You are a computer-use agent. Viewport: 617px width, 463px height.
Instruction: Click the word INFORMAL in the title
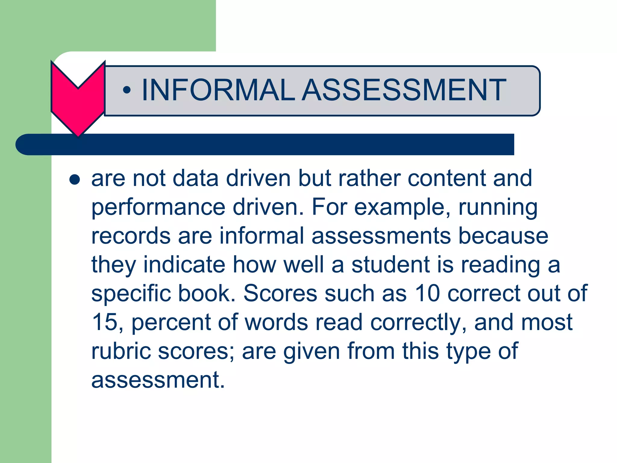[218, 90]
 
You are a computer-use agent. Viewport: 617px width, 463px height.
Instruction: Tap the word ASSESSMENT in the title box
[404, 90]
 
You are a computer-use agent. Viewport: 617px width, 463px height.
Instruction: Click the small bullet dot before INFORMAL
[127, 90]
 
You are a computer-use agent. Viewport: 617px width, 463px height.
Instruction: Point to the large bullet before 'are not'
[74, 180]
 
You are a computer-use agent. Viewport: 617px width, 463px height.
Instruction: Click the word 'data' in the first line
[196, 178]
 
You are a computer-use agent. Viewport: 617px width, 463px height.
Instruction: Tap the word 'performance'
[158, 208]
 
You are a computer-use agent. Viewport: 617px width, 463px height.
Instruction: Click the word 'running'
[498, 208]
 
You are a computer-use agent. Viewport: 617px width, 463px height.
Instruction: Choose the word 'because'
[503, 236]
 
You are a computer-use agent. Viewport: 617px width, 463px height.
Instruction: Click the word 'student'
[390, 265]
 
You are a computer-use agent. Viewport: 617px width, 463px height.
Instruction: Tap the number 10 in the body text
[428, 293]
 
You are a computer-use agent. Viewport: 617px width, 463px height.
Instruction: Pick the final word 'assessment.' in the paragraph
[158, 380]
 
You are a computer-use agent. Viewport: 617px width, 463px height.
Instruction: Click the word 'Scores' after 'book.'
[280, 293]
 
